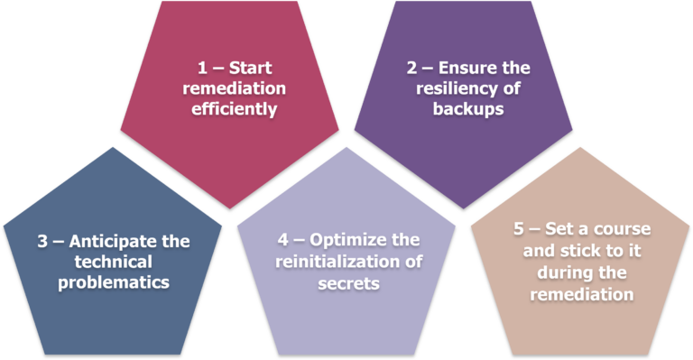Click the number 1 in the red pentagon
coord(203,69)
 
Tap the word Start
coord(251,69)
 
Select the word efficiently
coord(234,109)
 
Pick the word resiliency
coord(449,88)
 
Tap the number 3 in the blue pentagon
coord(42,242)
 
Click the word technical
coord(115,262)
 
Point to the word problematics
coord(115,282)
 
